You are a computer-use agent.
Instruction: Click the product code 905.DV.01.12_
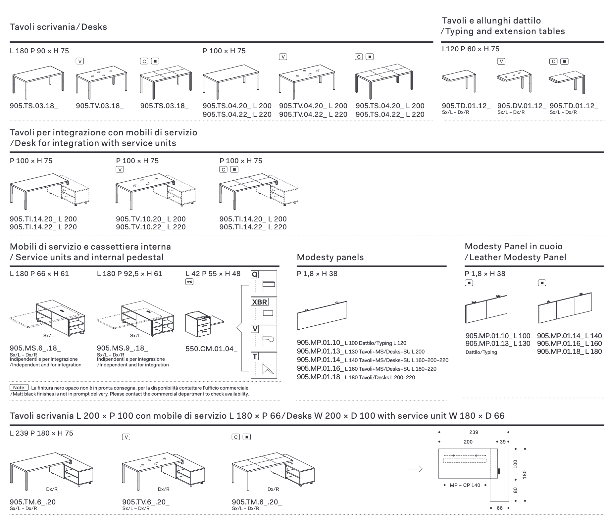coord(522,106)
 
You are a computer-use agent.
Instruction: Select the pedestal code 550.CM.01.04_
coord(211,349)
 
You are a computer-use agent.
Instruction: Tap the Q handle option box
coord(264,284)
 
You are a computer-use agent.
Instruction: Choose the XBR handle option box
coord(264,311)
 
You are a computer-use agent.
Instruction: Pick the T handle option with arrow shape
coord(264,365)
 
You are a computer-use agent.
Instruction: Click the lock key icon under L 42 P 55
coord(189,282)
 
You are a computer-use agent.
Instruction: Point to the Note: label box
coord(20,387)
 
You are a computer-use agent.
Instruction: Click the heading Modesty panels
coord(330,257)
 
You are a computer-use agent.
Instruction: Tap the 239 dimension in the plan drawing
coord(474,432)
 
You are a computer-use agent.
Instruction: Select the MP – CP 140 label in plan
coord(465,485)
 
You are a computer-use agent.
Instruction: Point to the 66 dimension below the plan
coord(499,508)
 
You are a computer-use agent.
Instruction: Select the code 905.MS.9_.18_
coord(122,348)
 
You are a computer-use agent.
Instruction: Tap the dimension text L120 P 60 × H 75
coord(471,49)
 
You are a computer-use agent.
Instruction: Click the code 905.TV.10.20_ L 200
coord(151,219)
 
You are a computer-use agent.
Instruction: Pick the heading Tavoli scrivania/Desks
coord(58,27)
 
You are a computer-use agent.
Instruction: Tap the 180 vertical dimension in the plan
coord(524,474)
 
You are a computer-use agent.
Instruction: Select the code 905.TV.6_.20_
coord(146,502)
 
